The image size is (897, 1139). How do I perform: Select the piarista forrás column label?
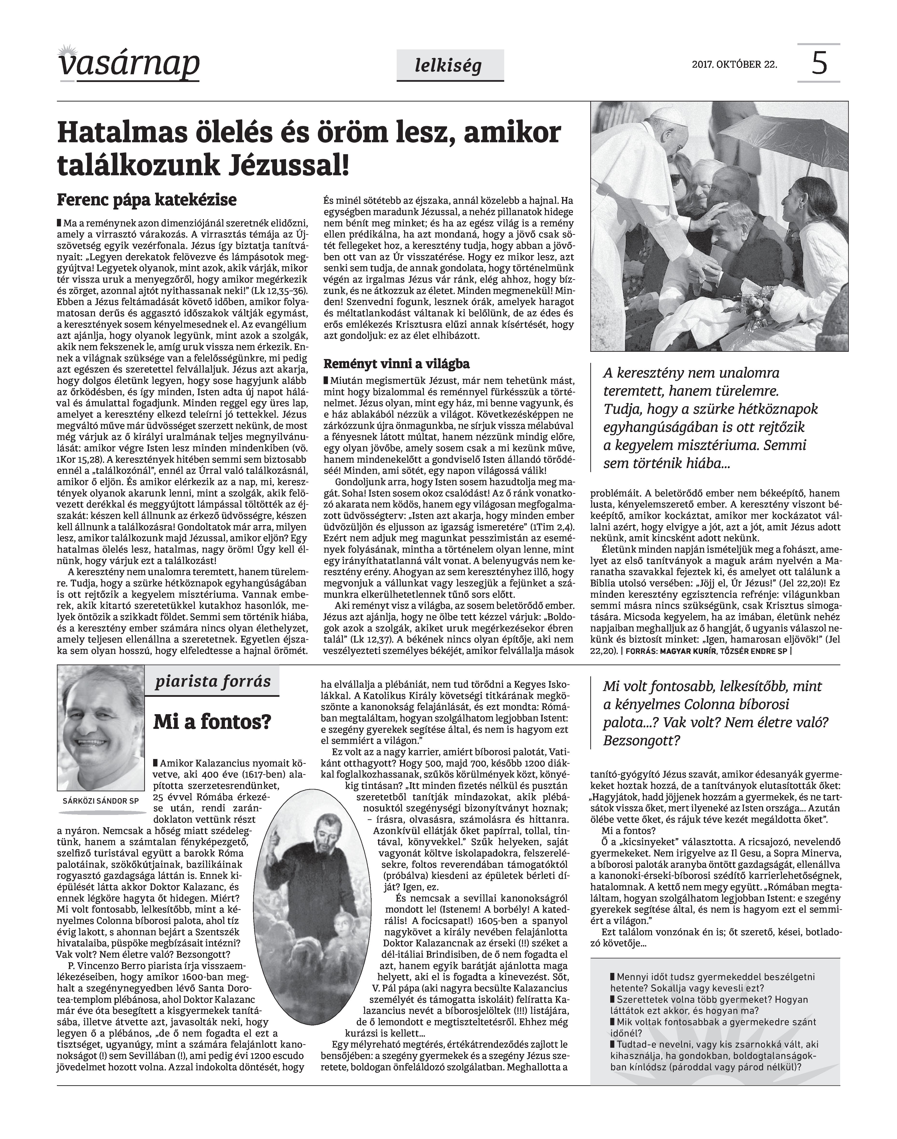(x=213, y=682)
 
